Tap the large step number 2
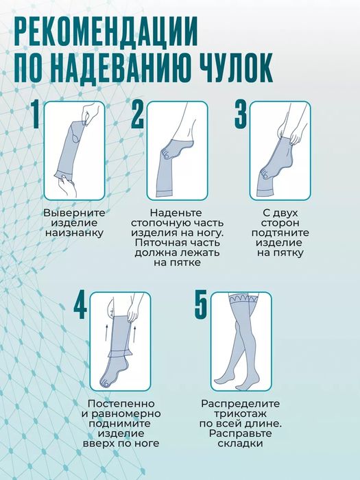(138, 115)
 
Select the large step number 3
(241, 115)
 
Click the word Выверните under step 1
(73, 213)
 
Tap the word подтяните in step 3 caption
(280, 232)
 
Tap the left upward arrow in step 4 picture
(106, 333)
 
